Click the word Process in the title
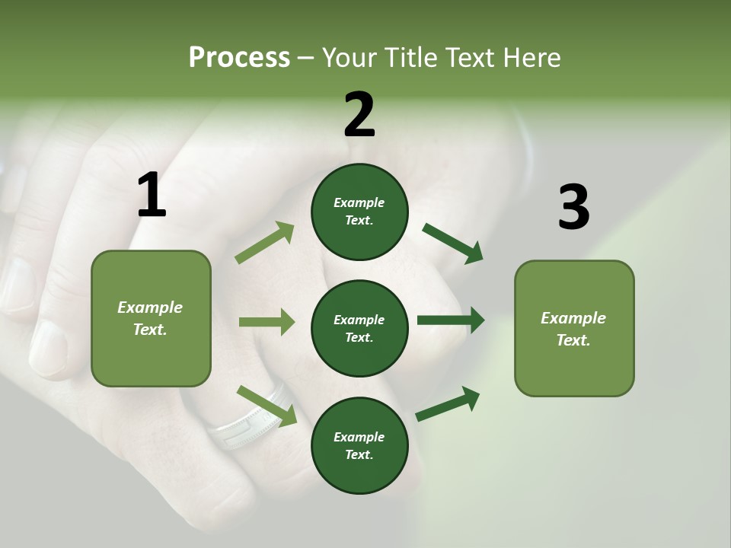point(239,57)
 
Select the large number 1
point(152,195)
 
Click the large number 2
point(359,114)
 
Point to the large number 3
point(573,207)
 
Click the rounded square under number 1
point(151,318)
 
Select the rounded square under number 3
point(574,328)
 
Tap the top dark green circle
point(359,212)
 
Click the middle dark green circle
point(359,328)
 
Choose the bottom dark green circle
point(359,445)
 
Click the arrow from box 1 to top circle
point(265,243)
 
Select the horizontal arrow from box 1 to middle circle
point(267,322)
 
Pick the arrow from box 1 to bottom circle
point(267,406)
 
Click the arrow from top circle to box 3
point(452,243)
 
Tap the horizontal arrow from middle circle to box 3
point(451,320)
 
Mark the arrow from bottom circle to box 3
point(448,404)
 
